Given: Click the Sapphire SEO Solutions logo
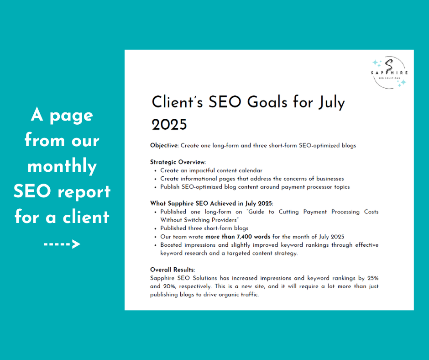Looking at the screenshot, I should tap(389, 72).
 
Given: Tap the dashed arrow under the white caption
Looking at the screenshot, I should tap(62, 244).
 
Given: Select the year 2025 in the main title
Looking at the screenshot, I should tap(169, 123).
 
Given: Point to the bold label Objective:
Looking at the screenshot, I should tap(164, 146).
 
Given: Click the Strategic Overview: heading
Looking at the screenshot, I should tap(178, 162).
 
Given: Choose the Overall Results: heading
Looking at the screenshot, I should tap(173, 270).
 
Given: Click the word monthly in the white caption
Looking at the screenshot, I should tap(62, 166).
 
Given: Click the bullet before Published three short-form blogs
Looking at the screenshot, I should tap(156, 228).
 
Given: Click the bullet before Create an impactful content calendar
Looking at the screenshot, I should tap(156, 170).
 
